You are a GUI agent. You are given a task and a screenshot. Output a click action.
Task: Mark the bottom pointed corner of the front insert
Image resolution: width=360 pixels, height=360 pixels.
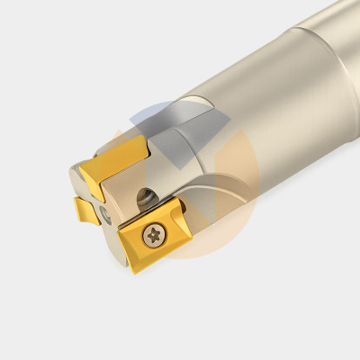click(x=132, y=273)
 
